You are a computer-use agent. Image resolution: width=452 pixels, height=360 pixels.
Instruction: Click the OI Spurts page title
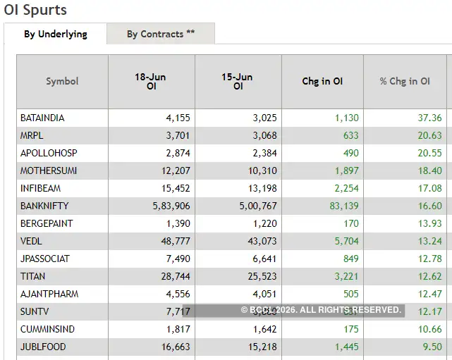pos(36,10)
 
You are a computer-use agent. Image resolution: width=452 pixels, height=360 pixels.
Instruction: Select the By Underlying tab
pos(56,34)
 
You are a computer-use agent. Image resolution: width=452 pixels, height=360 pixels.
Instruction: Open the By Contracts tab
pos(161,34)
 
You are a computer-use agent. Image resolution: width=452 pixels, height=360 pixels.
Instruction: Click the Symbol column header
pos(62,82)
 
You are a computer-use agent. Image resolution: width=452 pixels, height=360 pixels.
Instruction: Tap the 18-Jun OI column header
pos(150,82)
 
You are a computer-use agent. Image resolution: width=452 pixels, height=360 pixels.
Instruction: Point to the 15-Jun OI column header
pos(237,82)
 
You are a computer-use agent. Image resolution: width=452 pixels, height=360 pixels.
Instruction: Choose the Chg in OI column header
pos(322,82)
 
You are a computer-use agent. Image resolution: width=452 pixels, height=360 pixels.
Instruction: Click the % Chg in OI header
pos(405,82)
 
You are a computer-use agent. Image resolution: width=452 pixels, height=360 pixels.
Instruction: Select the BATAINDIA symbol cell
pos(42,118)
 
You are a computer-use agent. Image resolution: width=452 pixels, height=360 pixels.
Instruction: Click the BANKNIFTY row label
pos(44,206)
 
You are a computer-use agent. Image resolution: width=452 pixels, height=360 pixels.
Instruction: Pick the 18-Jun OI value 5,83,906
pos(166,206)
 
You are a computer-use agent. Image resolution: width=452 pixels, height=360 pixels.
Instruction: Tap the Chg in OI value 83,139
pos(341,206)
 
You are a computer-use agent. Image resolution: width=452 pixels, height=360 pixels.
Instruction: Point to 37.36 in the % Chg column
pos(429,118)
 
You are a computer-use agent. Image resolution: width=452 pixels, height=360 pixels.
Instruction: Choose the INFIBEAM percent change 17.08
pos(429,188)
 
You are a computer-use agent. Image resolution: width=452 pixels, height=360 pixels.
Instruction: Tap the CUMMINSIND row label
pos(47,329)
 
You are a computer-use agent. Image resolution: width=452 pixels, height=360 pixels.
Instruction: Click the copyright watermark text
pos(321,310)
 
